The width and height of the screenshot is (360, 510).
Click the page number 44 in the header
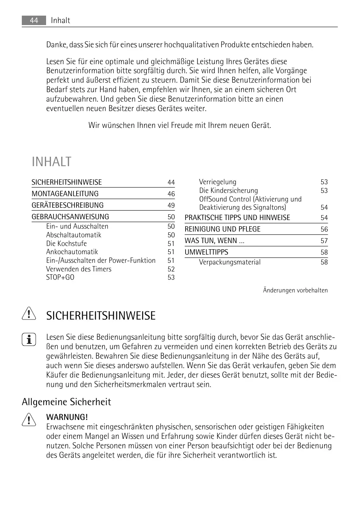point(34,20)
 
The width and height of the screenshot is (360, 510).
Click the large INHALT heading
point(51,162)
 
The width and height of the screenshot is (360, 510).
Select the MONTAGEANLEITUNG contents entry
point(65,194)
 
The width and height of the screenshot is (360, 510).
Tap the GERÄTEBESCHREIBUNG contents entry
point(67,205)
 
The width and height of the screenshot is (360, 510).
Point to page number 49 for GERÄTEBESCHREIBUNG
point(171,205)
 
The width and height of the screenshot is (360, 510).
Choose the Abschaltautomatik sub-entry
point(74,235)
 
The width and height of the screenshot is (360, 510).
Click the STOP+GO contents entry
point(60,278)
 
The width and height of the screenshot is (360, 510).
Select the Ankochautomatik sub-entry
point(72,252)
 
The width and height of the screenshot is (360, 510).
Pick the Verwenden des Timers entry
point(79,269)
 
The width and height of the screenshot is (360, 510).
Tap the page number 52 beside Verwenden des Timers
point(171,269)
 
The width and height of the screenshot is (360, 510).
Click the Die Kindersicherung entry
point(228,190)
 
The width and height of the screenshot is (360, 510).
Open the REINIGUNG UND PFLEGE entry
point(222,229)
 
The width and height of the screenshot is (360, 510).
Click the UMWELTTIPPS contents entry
point(206,252)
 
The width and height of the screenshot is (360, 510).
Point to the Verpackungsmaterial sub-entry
point(230,262)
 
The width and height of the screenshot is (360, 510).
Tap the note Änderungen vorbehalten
point(295,290)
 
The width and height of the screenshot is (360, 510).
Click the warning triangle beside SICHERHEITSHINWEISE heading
point(29,315)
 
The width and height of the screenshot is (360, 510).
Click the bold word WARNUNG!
point(67,418)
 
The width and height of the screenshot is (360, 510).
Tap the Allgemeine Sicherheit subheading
point(66,402)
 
